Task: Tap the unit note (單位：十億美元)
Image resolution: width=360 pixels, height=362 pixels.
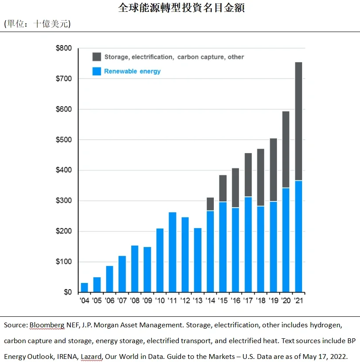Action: (x=37, y=24)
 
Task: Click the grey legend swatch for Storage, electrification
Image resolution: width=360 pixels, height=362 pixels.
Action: (x=97, y=57)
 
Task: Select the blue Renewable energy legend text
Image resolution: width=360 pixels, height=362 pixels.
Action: (x=132, y=71)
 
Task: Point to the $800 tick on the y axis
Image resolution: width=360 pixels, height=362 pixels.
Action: (x=64, y=48)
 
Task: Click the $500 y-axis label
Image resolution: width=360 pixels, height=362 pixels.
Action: (x=64, y=140)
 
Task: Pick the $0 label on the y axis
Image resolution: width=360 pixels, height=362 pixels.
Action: (x=67, y=292)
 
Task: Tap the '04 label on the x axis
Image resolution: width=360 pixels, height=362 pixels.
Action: (x=84, y=301)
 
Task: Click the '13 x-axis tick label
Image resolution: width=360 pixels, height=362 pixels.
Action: (x=198, y=301)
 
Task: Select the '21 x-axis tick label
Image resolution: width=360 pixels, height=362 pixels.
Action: (x=299, y=301)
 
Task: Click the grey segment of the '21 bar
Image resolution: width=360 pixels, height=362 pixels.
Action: (x=299, y=121)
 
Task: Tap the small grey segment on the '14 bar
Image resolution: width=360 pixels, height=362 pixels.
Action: (x=210, y=204)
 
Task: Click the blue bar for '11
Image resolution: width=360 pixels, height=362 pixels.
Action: (x=173, y=252)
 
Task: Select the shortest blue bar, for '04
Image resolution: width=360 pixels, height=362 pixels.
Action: (x=84, y=288)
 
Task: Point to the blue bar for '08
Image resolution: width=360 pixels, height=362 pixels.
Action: (x=135, y=269)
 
